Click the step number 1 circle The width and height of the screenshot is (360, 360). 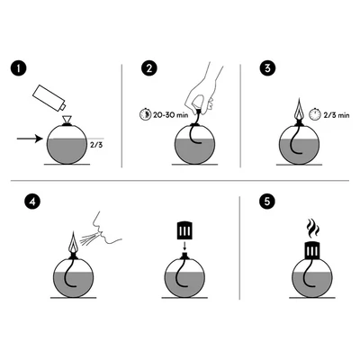click(x=19, y=68)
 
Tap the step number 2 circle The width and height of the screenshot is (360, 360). click(x=148, y=68)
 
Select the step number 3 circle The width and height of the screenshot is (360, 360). click(x=267, y=68)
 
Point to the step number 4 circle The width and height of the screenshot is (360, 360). click(x=32, y=202)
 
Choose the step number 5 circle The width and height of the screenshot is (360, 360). click(x=267, y=202)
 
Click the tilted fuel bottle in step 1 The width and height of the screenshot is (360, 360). click(x=49, y=98)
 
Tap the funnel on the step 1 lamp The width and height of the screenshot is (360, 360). click(x=67, y=120)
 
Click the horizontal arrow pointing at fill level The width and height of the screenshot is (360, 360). click(x=30, y=139)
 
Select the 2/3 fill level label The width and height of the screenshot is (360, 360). click(x=96, y=145)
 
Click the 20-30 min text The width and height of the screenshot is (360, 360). click(x=170, y=115)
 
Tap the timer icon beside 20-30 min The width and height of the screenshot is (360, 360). click(x=145, y=114)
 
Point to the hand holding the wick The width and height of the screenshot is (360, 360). click(x=203, y=90)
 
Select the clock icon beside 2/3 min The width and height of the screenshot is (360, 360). click(x=315, y=114)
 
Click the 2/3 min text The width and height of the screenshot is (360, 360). click(x=337, y=115)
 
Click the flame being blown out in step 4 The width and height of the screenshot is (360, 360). click(x=73, y=242)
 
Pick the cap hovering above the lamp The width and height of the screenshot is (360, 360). click(x=184, y=230)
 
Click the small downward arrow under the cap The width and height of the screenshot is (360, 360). click(x=184, y=246)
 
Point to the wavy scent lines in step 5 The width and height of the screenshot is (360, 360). click(x=313, y=229)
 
